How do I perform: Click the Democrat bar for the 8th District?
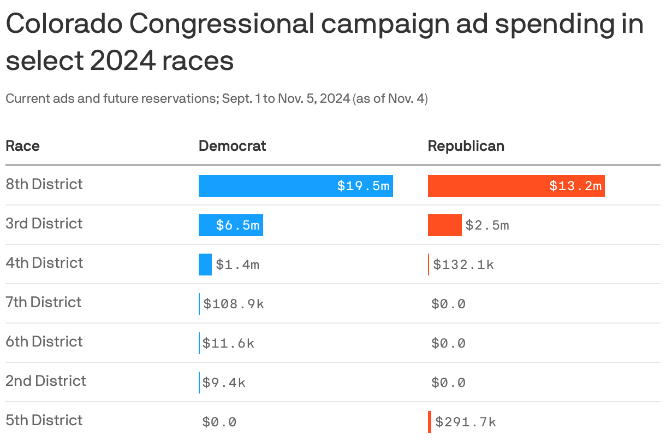tap(295, 186)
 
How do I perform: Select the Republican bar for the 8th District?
tap(516, 186)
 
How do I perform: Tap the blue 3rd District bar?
tap(230, 225)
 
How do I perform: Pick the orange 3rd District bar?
tap(444, 225)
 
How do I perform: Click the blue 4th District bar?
tap(205, 265)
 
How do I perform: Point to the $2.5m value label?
tap(487, 225)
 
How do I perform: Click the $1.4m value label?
tap(237, 265)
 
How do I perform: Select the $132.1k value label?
tap(463, 265)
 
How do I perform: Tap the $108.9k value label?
tap(234, 304)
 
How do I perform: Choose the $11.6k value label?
tap(228, 343)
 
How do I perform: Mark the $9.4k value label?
tap(224, 383)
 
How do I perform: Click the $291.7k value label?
tap(466, 422)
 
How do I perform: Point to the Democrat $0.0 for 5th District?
tap(219, 422)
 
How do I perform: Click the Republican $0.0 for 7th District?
tap(448, 304)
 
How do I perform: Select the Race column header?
tap(22, 146)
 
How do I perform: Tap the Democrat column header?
tap(232, 146)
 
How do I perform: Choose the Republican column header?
tap(466, 146)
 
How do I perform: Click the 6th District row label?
tap(44, 342)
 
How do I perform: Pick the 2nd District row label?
tap(46, 381)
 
